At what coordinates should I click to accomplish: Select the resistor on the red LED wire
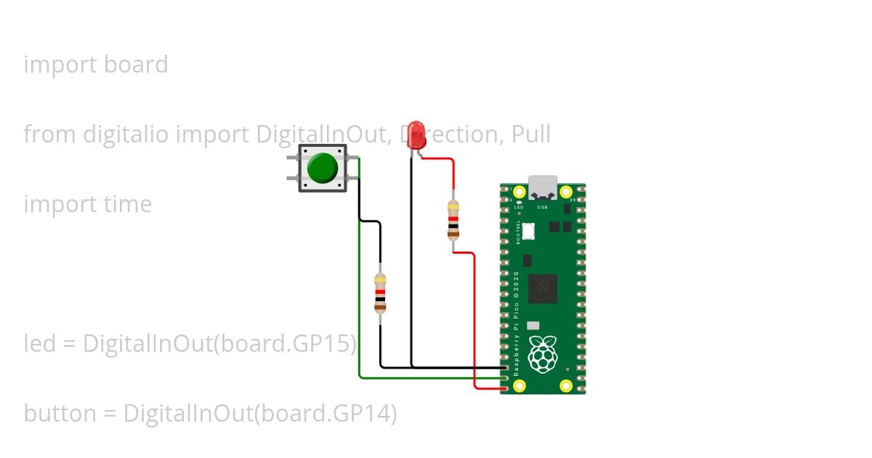tap(453, 219)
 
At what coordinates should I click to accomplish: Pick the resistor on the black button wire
tap(379, 292)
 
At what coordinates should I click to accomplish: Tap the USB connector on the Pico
tap(543, 186)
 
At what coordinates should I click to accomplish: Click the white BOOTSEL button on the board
tap(528, 230)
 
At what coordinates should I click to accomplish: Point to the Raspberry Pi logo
tap(542, 355)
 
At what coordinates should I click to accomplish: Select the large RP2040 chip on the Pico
tap(542, 289)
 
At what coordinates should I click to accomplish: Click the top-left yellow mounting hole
tap(519, 192)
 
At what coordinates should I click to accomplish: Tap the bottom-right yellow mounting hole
tap(566, 385)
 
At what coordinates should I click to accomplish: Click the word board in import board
tap(136, 65)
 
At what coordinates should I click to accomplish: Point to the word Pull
tap(530, 134)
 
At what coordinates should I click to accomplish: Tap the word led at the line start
tap(40, 343)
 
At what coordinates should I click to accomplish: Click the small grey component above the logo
tap(533, 326)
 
